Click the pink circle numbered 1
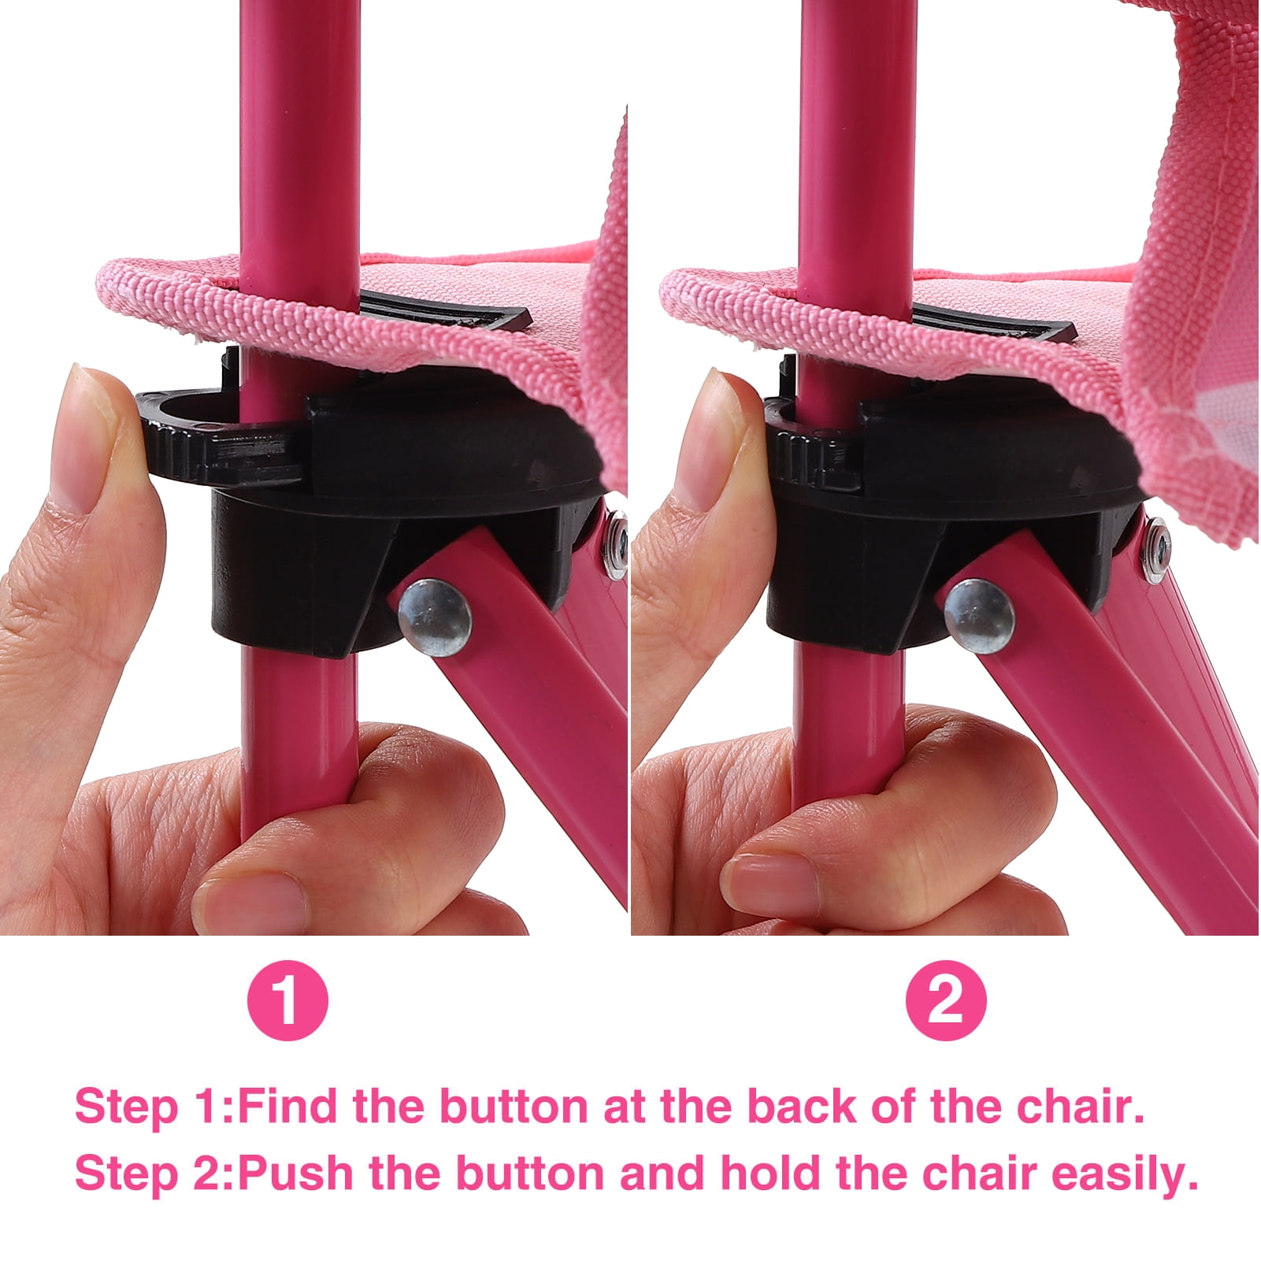[x=287, y=1000]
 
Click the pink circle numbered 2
[x=946, y=1000]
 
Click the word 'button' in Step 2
[x=524, y=1174]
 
